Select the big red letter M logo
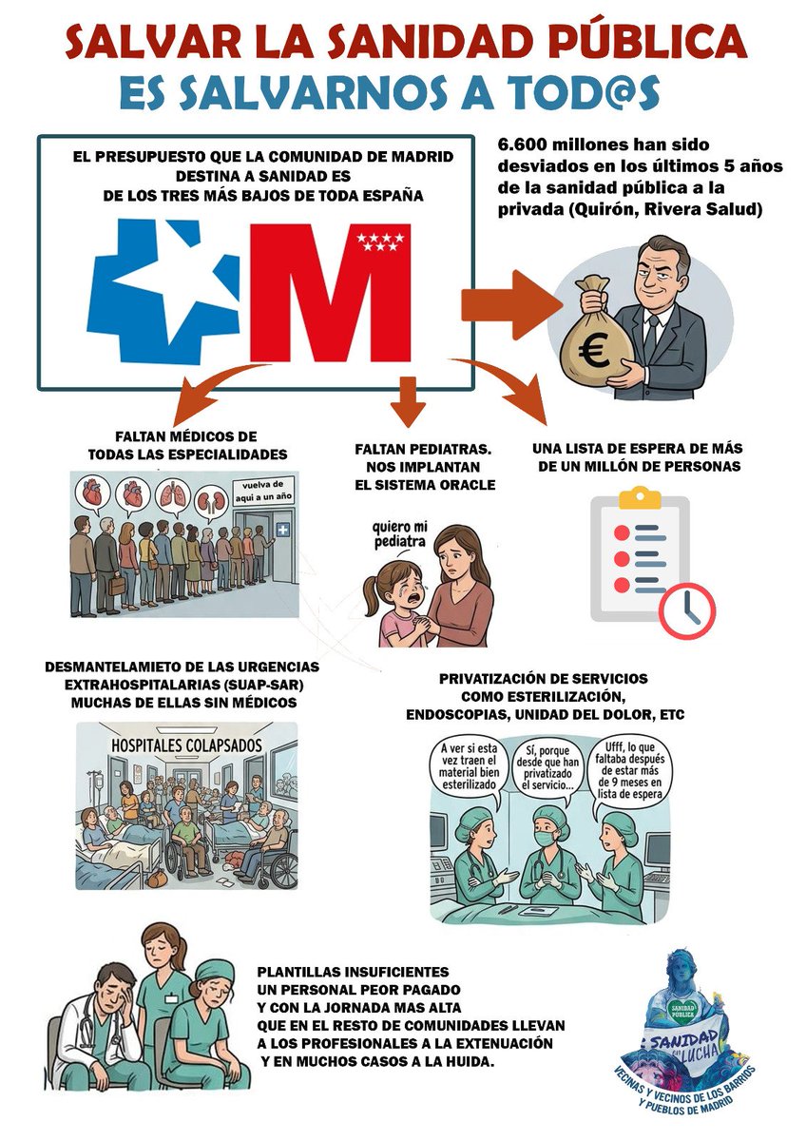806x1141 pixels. point(331,292)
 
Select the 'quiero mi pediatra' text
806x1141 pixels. point(400,534)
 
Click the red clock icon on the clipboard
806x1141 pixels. point(687,611)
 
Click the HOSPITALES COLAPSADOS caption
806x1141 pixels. point(186,745)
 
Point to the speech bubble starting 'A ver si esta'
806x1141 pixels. point(469,769)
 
